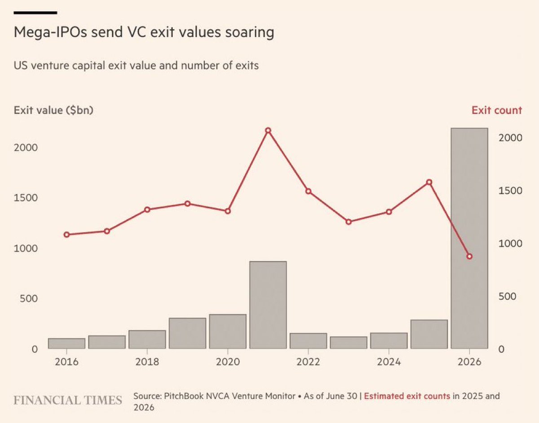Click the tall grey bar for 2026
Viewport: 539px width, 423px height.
(x=469, y=238)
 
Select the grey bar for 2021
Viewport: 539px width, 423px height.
(x=268, y=305)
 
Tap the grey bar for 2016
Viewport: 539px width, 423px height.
(x=66, y=343)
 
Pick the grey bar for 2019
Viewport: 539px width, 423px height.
(x=187, y=334)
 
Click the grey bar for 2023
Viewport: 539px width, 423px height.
(x=349, y=343)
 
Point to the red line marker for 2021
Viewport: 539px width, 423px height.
(x=268, y=130)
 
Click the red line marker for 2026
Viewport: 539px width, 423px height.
(x=469, y=256)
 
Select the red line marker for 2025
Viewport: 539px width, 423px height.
(x=429, y=182)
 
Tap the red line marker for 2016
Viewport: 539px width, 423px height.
(x=66, y=235)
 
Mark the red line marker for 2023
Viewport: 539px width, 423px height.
(x=349, y=222)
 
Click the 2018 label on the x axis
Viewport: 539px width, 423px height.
(x=147, y=362)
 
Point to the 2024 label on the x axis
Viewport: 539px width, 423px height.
(x=389, y=362)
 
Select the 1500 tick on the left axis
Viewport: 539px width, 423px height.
(x=26, y=198)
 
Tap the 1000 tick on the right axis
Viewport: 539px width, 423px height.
(x=510, y=244)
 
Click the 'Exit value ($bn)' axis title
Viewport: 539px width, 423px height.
(x=53, y=110)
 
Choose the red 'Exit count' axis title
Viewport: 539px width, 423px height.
(x=497, y=110)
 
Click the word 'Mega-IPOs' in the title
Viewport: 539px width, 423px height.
(x=50, y=32)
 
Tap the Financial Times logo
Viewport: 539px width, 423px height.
(x=68, y=400)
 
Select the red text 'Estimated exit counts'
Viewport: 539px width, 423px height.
(x=407, y=396)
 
